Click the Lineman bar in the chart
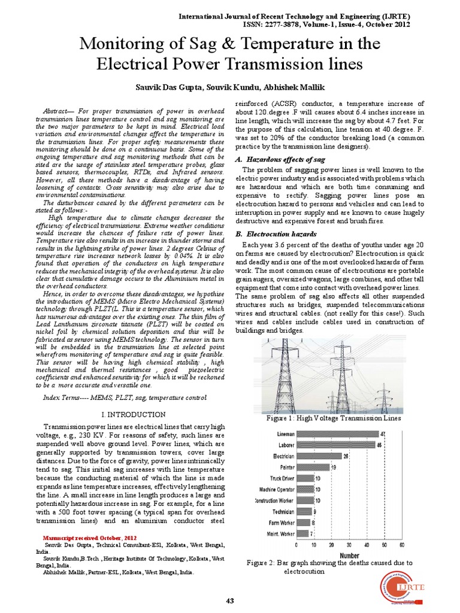(336, 433)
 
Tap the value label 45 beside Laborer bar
(379, 445)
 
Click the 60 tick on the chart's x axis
(401, 545)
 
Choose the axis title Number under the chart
(350, 555)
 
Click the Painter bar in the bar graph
(313, 466)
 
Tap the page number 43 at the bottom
(230, 600)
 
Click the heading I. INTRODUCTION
(133, 414)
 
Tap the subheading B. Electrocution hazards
(274, 233)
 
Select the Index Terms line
(125, 398)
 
